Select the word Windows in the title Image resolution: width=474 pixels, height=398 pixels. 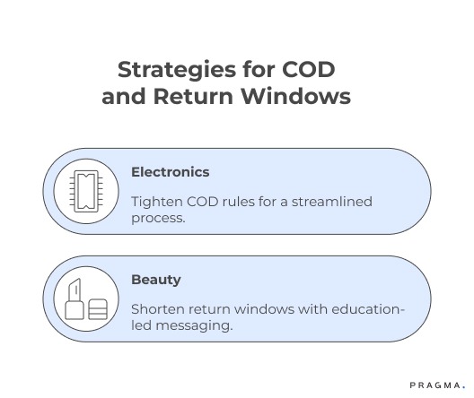301,96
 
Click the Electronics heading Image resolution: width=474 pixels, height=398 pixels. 170,171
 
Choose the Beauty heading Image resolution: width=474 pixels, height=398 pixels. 155,279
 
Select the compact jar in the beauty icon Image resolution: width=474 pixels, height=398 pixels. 98,308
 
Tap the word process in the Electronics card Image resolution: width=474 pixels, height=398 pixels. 157,218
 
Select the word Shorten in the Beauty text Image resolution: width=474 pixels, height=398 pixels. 158,309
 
